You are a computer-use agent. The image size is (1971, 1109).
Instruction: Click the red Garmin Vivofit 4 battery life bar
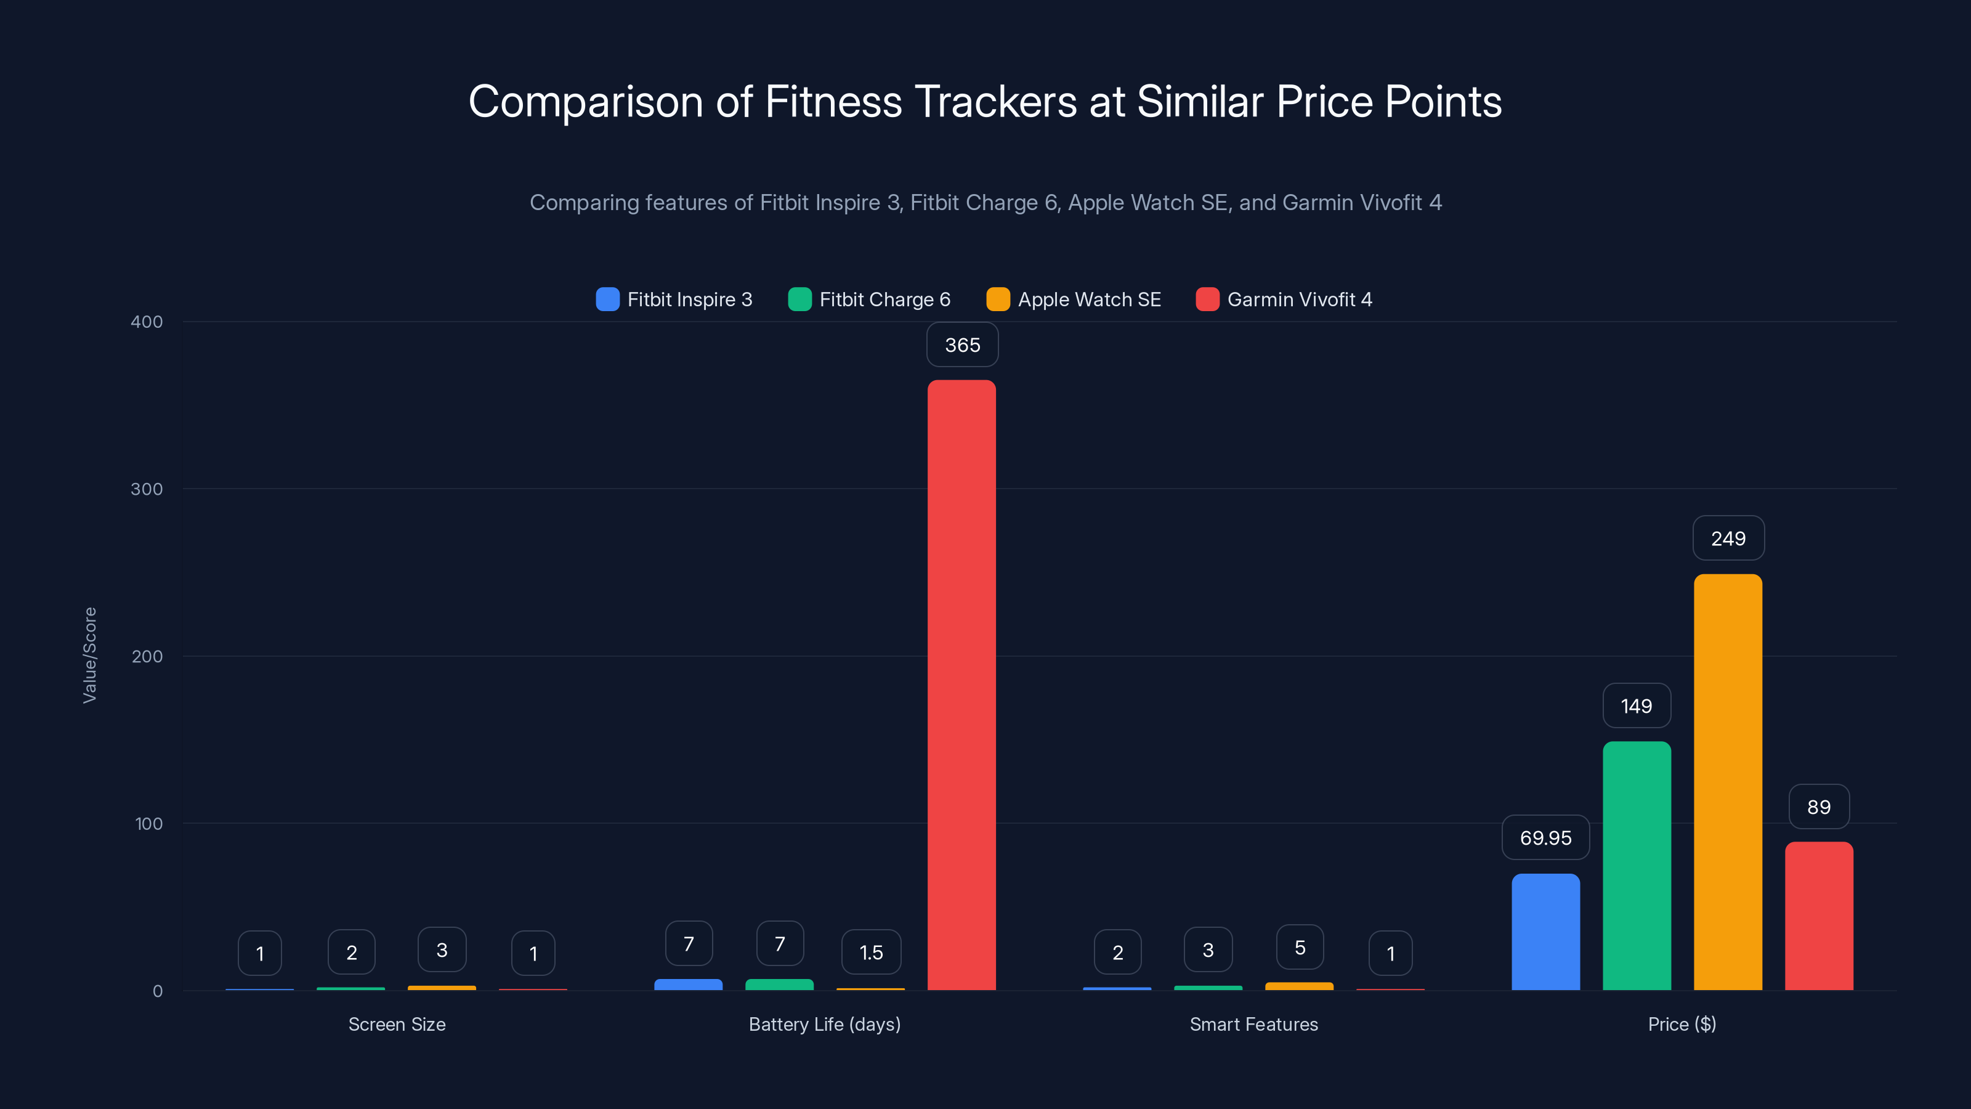pos(961,685)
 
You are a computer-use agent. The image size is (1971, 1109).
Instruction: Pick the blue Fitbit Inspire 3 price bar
pos(1545,932)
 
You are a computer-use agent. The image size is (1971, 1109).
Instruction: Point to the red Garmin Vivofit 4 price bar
pos(1819,916)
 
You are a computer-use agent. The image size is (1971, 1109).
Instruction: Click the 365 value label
pos(961,345)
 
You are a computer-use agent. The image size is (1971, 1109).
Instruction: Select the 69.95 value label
pos(1545,838)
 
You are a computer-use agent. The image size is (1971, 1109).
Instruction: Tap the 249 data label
pos(1728,539)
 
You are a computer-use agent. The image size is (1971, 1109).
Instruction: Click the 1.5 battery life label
pos(871,952)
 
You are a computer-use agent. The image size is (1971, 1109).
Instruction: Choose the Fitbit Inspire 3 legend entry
pos(674,299)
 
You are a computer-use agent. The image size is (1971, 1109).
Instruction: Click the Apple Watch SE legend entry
pos(1074,299)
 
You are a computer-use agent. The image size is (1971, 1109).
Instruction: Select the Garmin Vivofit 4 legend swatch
pos(1207,299)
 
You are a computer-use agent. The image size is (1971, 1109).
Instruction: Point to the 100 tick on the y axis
pos(148,824)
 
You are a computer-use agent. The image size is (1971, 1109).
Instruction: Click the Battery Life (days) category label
pos(824,1024)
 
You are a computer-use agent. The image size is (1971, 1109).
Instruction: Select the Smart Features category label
pos(1253,1024)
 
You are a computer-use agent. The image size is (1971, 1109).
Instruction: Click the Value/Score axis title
pos(89,655)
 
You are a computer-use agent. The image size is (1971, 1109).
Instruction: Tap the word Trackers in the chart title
pos(995,102)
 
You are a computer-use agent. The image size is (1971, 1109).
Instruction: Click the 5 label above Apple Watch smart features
pos(1299,948)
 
